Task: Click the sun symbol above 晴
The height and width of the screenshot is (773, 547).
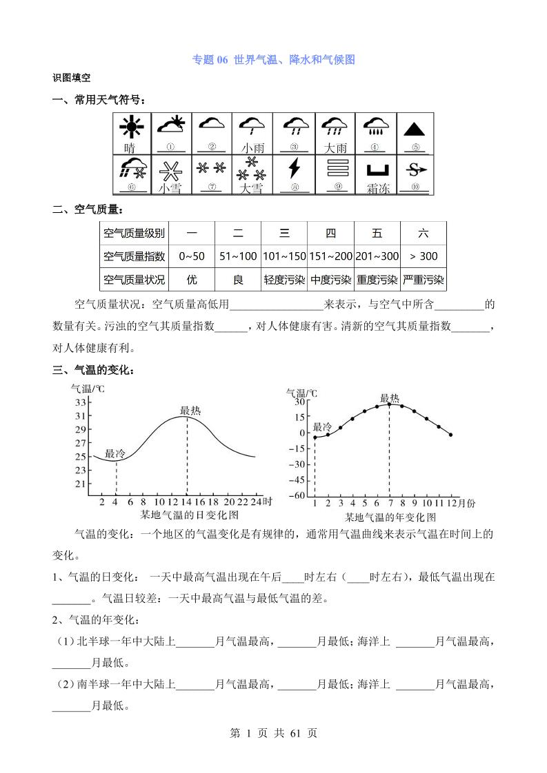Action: [x=130, y=127]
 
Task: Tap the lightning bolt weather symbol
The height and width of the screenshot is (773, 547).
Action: [x=295, y=169]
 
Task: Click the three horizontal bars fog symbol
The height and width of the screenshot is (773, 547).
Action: [x=337, y=169]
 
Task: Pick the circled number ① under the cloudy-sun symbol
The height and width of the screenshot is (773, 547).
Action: [x=170, y=147]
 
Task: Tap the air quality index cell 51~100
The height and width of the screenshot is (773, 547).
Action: [x=238, y=256]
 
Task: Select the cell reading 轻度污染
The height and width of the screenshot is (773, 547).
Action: [x=284, y=280]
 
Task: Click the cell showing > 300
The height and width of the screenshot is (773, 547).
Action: [x=424, y=256]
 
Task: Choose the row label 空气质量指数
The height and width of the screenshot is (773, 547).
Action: [x=134, y=256]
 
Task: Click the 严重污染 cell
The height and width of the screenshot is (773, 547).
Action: [x=424, y=280]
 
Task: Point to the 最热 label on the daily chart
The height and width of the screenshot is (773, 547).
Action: [x=190, y=411]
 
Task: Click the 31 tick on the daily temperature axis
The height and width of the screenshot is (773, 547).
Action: [x=80, y=415]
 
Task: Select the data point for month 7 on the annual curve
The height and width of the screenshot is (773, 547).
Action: [x=389, y=404]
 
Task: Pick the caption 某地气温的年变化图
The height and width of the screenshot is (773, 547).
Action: [x=390, y=517]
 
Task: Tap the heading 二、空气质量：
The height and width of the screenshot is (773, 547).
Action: [x=88, y=209]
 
